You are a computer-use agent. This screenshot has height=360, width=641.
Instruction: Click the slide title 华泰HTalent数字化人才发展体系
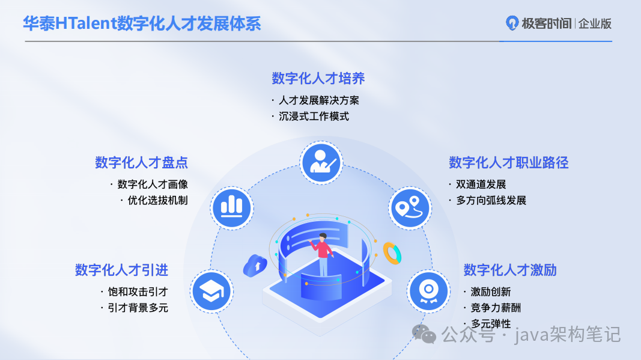142,23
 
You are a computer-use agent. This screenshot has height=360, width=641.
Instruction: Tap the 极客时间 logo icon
512,23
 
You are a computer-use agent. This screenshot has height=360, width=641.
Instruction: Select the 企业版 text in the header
595,24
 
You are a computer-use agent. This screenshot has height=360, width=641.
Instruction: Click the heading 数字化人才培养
318,79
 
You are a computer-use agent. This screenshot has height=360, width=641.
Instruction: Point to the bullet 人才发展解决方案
319,100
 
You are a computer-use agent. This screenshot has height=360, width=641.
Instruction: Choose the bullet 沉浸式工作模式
314,117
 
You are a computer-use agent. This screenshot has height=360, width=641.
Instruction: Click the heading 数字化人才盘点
141,162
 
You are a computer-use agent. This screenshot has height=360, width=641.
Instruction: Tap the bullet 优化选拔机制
157,200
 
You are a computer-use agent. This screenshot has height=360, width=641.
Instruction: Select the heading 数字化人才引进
121,270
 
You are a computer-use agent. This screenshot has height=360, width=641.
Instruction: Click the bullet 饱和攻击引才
138,292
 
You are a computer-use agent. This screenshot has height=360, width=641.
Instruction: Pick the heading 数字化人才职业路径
508,162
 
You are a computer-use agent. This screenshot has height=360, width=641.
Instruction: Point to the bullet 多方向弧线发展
491,200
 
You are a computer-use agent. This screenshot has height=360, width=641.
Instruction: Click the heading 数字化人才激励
509,270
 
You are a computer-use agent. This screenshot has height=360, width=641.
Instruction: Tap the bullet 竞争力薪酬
496,308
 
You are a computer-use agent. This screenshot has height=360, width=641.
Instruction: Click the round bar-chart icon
231,207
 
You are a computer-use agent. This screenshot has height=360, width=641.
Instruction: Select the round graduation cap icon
211,291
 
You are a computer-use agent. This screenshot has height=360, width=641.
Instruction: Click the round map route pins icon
410,207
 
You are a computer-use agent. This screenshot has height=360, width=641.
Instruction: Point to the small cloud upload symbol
255,264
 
